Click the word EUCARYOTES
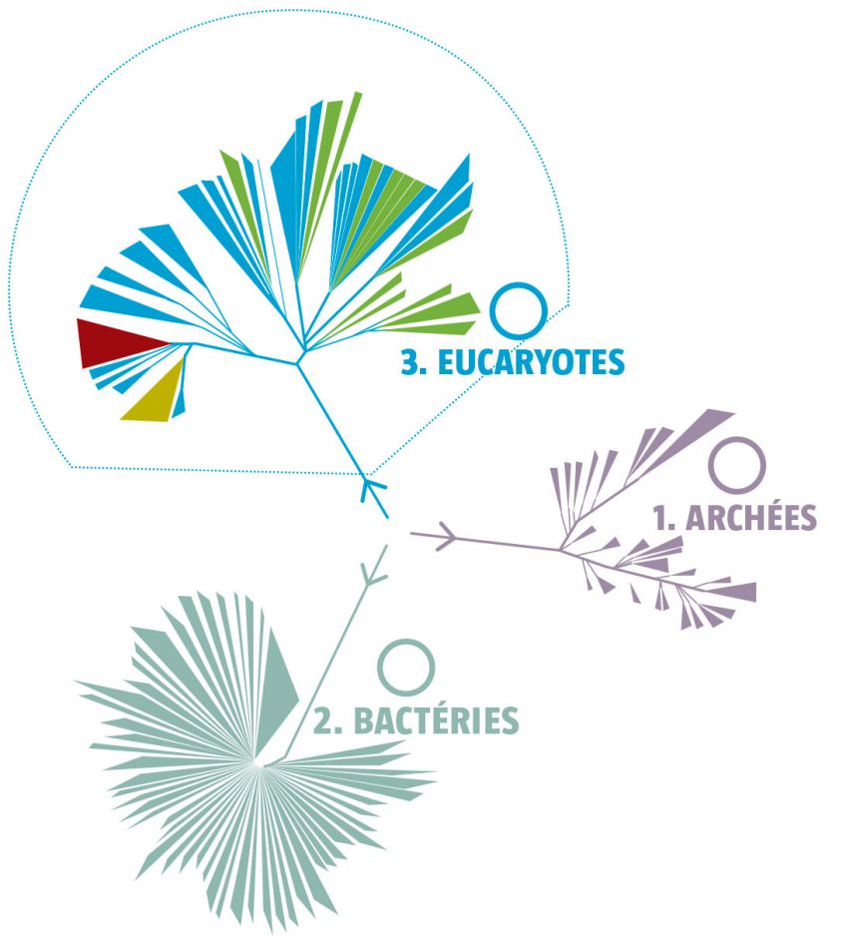coord(531,362)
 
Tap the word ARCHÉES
coord(750,517)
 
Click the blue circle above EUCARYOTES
coord(519,311)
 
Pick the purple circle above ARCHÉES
coord(737,466)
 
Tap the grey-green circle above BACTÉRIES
coord(406,668)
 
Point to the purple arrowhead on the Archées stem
coord(446,536)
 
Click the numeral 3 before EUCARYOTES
coord(409,363)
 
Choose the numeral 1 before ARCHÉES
coord(659,518)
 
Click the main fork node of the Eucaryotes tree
coord(298,360)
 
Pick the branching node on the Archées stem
coord(561,549)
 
